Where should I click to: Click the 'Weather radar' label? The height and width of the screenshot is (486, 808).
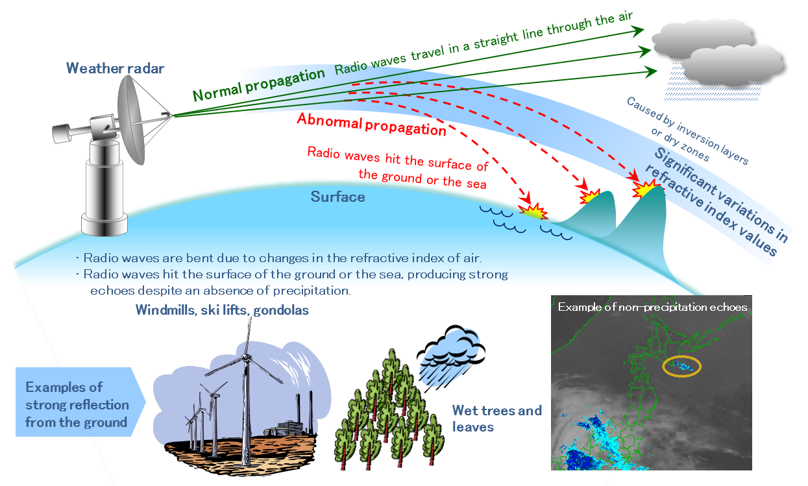point(115,69)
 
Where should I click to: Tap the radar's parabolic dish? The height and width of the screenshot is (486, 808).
point(131,119)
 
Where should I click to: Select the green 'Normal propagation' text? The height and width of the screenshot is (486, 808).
point(259,84)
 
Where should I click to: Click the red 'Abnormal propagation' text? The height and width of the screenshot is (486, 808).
point(371,125)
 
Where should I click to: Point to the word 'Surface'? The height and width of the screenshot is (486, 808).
point(337,197)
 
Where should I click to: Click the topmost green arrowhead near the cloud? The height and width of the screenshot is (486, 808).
point(637,31)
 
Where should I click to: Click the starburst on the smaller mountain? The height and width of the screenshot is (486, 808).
point(589,196)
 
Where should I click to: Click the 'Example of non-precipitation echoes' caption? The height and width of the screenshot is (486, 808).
point(652,307)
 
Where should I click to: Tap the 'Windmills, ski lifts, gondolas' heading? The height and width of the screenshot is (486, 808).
point(222,310)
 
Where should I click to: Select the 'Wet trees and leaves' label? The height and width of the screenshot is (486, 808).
point(496,419)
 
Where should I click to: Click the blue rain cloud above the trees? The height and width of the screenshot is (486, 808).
point(450,357)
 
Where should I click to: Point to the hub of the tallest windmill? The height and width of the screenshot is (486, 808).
point(246,358)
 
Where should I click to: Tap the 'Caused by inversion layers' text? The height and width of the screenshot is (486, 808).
point(687,130)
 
